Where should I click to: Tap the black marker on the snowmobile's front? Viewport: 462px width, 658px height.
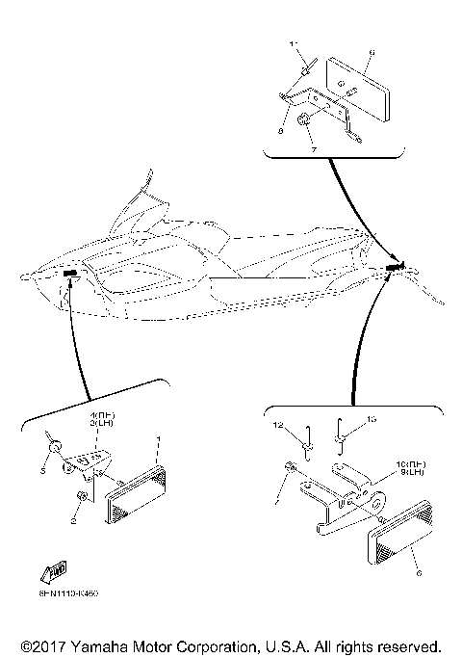coord(70,274)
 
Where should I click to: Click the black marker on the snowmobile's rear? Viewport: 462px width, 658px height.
coord(393,266)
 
